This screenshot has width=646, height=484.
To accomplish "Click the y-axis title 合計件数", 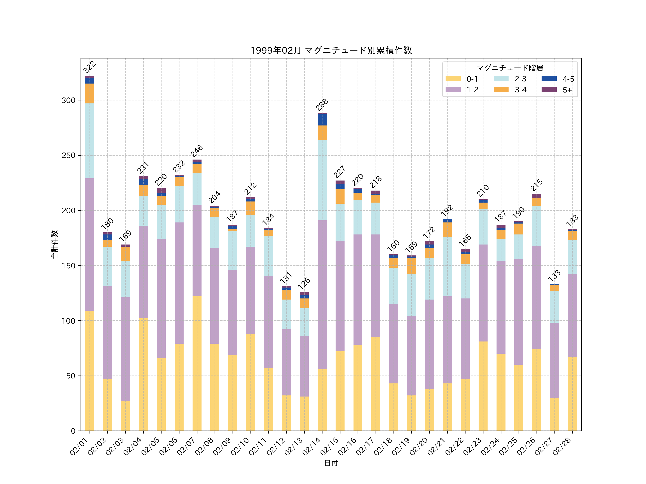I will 55,245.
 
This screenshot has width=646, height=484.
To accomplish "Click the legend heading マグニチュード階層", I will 510,68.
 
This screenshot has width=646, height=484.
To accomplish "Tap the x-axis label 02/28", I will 562,446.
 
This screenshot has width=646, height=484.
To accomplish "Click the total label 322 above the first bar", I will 89,67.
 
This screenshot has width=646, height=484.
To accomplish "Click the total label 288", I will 322,105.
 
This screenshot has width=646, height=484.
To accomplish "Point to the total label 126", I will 304,283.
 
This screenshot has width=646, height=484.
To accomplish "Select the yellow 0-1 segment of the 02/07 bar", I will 197,363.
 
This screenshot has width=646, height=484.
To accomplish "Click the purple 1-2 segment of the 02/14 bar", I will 322,295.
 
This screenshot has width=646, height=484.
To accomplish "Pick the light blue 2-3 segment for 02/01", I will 90,141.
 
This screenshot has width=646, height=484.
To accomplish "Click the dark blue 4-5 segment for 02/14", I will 322,120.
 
